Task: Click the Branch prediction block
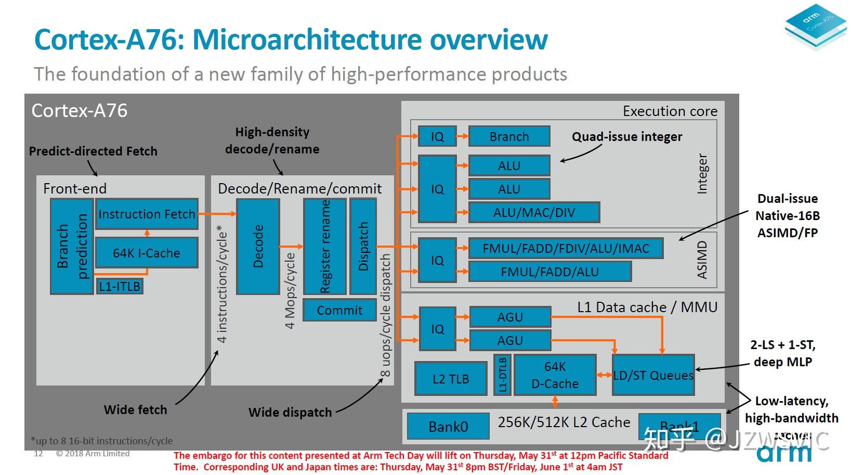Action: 72,246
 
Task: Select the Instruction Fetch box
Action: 147,214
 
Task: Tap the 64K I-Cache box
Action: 147,253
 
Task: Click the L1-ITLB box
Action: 120,286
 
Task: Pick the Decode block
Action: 258,246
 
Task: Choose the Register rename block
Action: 325,246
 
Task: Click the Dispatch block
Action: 363,246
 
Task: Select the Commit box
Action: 339,310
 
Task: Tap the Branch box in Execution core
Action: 509,136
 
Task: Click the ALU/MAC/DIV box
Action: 534,212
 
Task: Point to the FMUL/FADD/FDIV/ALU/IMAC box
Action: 566,248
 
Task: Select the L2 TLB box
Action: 450,379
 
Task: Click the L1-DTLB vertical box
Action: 502,375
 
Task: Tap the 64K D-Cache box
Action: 555,375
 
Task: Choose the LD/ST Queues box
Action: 653,375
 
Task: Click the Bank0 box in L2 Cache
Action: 448,427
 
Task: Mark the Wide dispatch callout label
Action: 290,412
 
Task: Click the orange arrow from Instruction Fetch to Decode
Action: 217,213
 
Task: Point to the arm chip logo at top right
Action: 815,26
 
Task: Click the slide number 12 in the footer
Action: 38,454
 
